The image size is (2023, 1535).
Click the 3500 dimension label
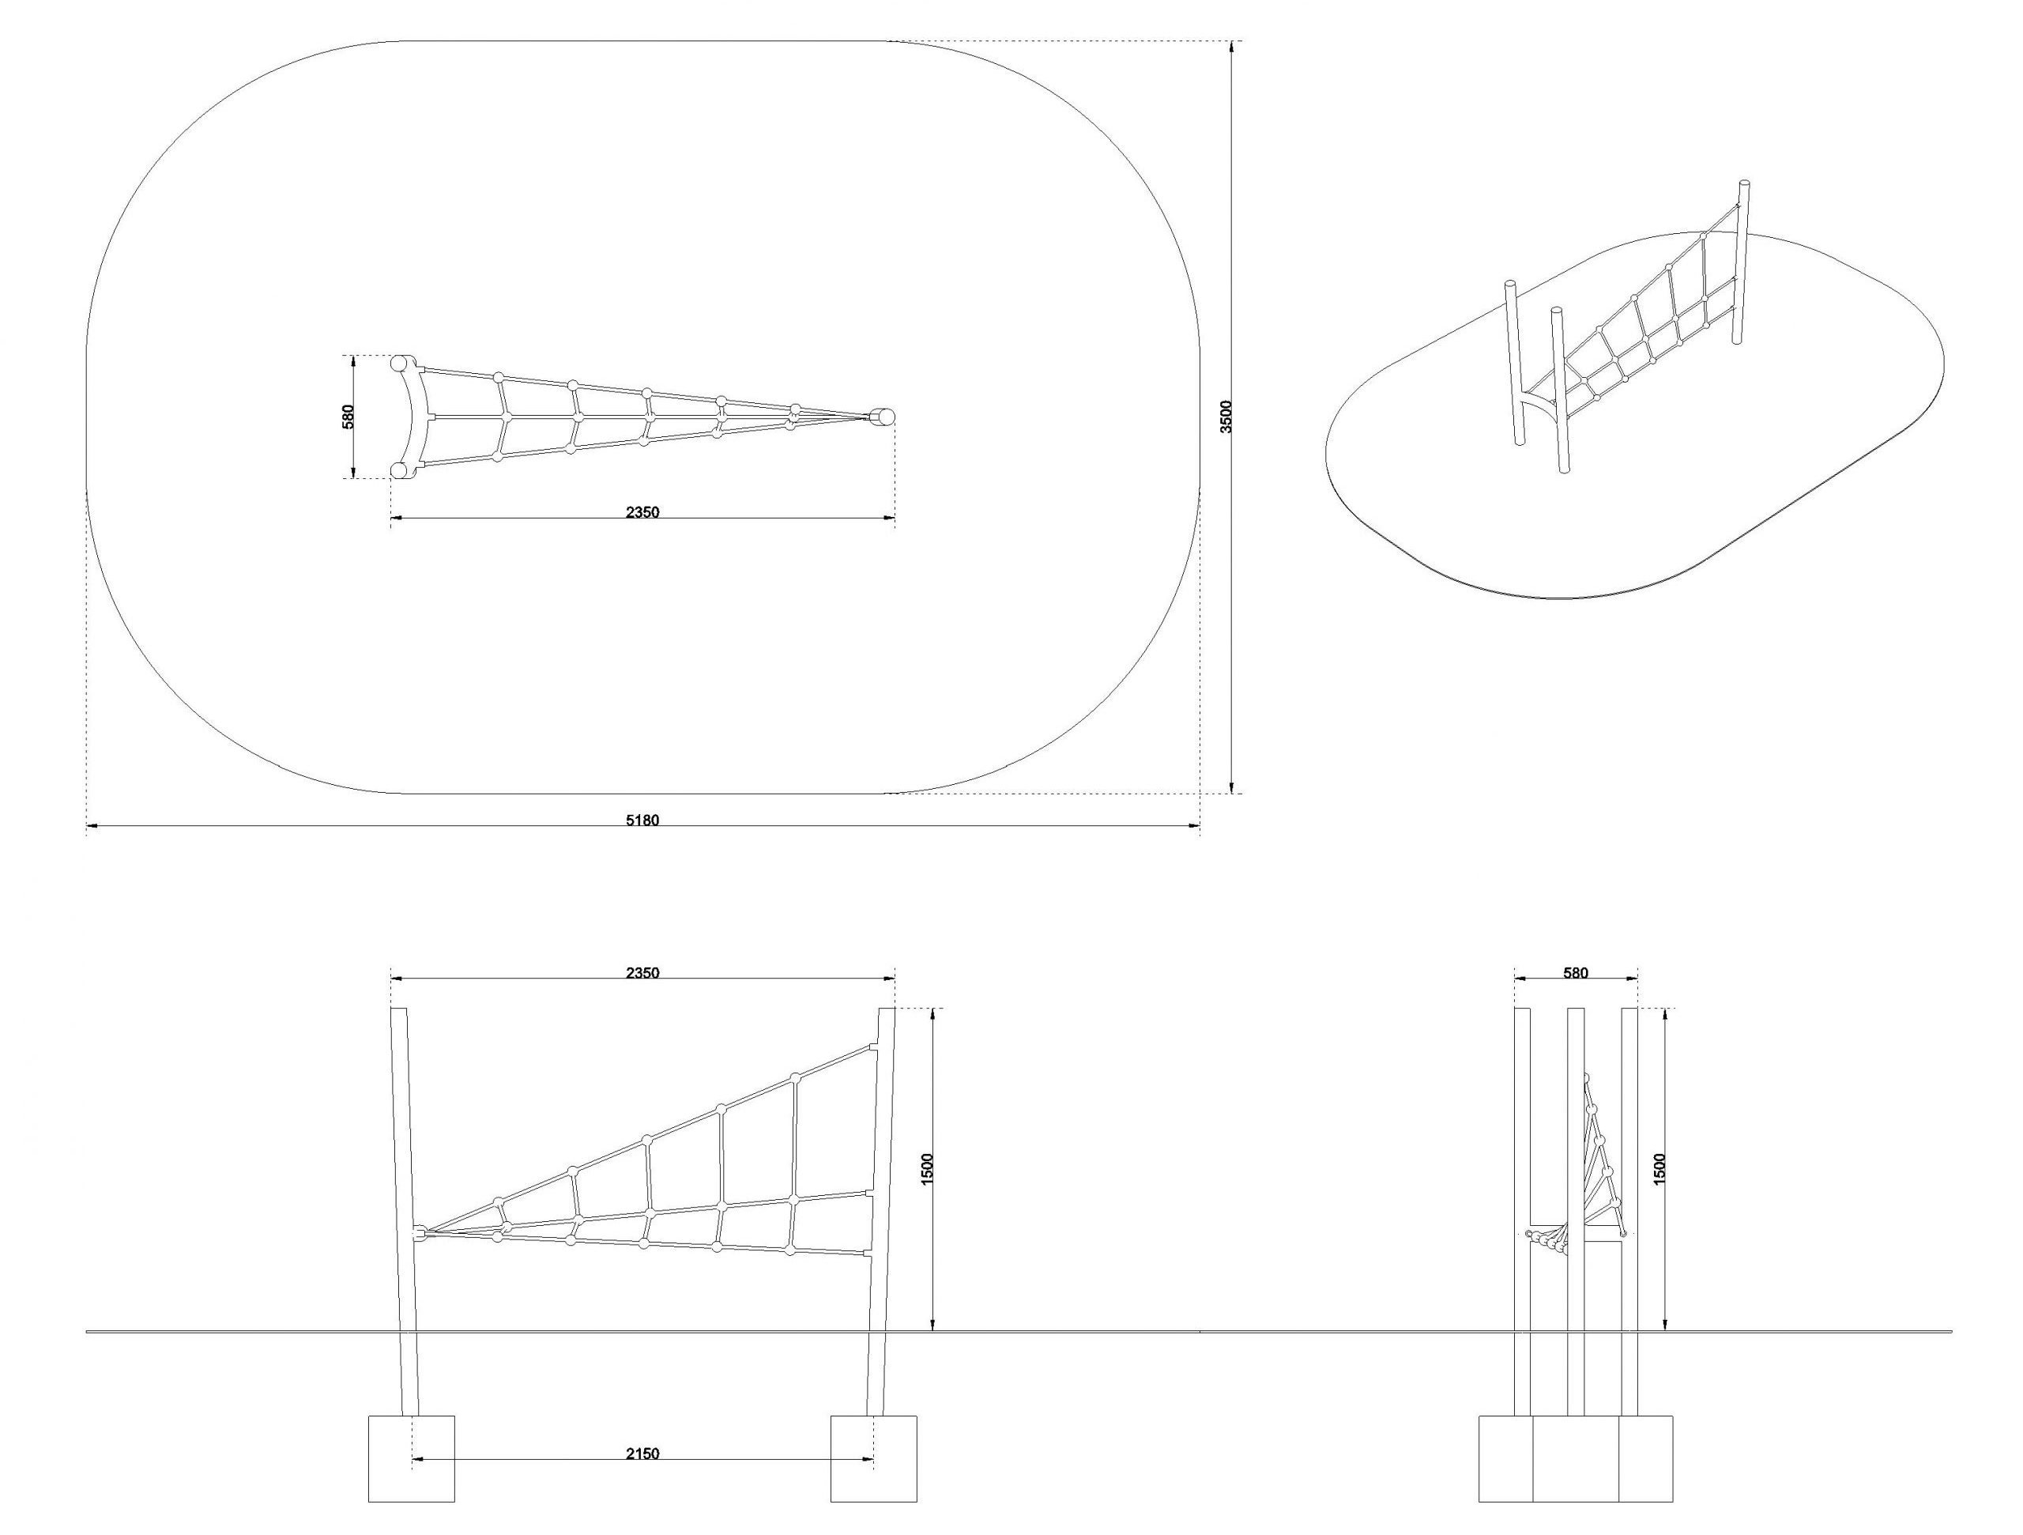pos(1228,417)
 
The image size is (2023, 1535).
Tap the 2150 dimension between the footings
pos(643,1454)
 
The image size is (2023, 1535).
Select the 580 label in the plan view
pos(347,417)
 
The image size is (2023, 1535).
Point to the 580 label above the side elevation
pos(1576,973)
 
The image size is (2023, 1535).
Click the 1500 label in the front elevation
pos(928,1170)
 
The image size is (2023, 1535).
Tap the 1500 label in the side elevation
pos(1661,1169)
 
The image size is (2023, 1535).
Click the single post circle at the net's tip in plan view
pos(885,417)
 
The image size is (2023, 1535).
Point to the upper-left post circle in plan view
pos(400,363)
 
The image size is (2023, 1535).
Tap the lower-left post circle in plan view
pos(400,471)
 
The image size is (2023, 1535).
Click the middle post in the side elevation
pos(1576,1212)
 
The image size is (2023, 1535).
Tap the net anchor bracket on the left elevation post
pos(419,1234)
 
